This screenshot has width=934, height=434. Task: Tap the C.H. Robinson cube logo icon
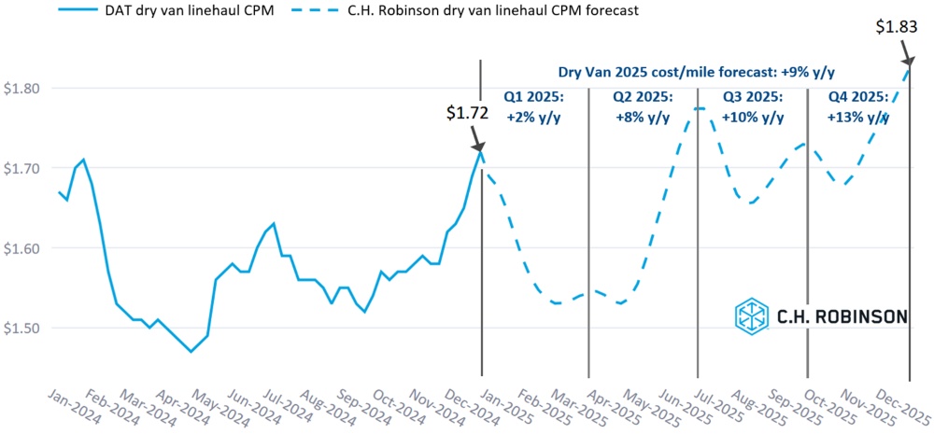point(751,316)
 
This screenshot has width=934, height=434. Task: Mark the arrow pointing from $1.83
point(904,54)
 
